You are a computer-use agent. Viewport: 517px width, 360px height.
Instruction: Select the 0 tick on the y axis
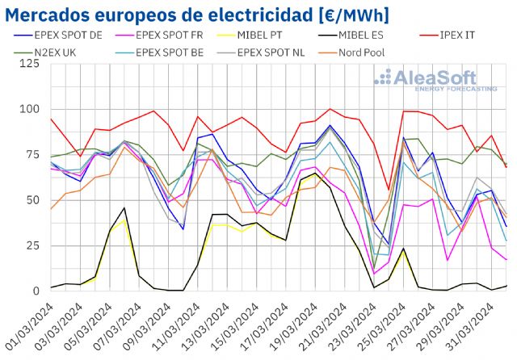[x=36, y=291]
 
